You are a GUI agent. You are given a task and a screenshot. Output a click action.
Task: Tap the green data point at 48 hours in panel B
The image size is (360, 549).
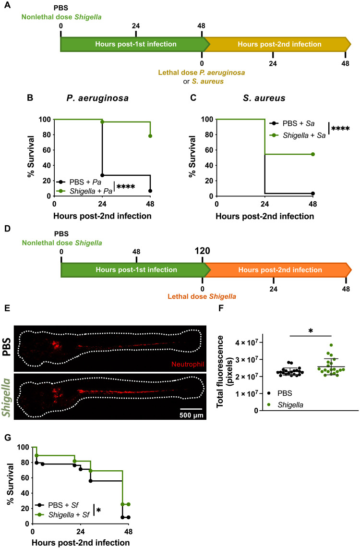[x=150, y=136]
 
